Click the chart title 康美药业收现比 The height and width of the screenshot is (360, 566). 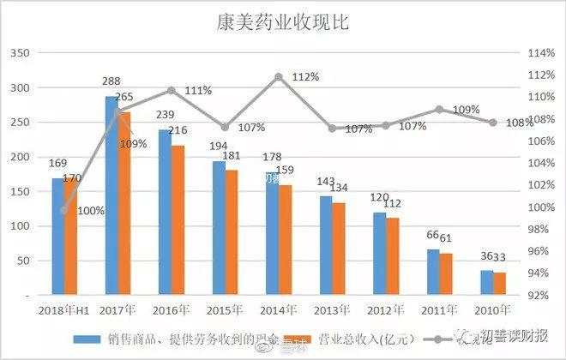[282, 22]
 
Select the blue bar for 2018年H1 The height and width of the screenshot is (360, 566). [58, 236]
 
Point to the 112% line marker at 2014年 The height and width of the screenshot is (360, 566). [279, 77]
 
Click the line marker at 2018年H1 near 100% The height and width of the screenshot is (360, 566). [64, 209]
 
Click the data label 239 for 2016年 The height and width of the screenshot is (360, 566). [165, 116]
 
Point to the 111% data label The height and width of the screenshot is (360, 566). [198, 90]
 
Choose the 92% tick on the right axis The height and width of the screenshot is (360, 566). [539, 295]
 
